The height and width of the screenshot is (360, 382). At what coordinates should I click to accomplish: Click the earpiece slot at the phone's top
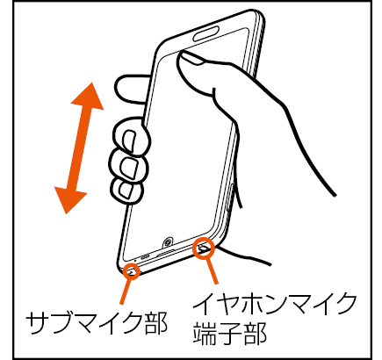(205, 32)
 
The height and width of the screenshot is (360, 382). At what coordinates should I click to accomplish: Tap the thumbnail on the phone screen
(191, 59)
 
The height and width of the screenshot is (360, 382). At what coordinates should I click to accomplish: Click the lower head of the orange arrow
(70, 200)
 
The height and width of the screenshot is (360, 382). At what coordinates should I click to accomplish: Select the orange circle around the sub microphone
(132, 270)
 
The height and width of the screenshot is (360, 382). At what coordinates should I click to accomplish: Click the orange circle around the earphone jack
(204, 248)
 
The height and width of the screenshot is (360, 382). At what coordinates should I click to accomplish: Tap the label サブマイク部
(97, 323)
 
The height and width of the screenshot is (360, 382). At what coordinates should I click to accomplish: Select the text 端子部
(229, 334)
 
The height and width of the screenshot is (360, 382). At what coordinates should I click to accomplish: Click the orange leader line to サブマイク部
(126, 292)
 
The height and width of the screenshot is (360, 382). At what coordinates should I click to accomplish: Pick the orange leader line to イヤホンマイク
(212, 271)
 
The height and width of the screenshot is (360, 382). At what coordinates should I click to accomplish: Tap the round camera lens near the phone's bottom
(168, 242)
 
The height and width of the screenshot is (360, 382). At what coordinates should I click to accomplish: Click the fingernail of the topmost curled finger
(130, 141)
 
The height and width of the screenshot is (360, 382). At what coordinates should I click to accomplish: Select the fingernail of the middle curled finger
(128, 168)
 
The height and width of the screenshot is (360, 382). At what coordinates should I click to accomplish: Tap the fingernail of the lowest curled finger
(125, 191)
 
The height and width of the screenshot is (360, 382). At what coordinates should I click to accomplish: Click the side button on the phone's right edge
(230, 197)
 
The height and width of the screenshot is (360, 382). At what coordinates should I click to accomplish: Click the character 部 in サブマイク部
(155, 323)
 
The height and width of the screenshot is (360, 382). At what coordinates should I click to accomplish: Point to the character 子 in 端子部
(229, 334)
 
